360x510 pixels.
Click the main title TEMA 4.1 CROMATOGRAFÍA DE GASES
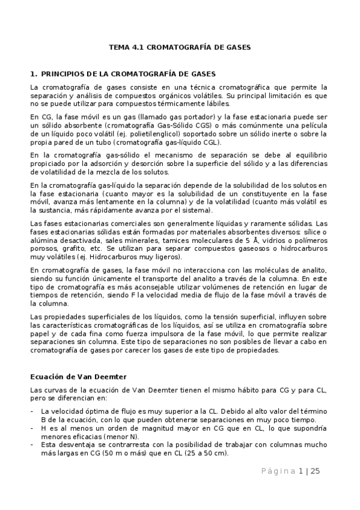pyautogui.click(x=180, y=46)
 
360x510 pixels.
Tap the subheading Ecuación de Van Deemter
pyautogui.click(x=78, y=376)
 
